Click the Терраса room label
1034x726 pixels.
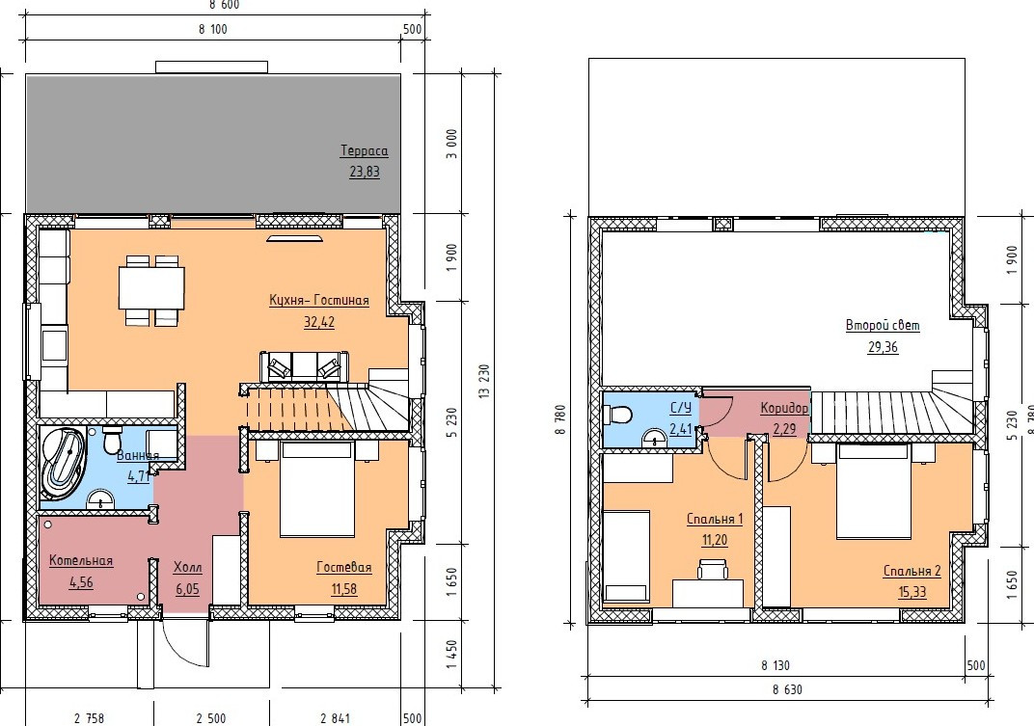[x=364, y=150]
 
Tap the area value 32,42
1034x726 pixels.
[x=319, y=322]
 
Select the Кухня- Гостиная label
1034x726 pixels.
[x=319, y=300]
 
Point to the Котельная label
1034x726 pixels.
[x=81, y=560]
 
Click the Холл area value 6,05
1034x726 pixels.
[x=188, y=589]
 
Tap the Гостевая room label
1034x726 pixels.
[x=344, y=567]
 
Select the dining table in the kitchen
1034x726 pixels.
[x=151, y=287]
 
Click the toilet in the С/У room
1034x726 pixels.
[x=617, y=415]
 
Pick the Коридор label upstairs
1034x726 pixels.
[x=784, y=408]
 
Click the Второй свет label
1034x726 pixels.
[x=883, y=325]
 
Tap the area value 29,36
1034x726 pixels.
[x=883, y=347]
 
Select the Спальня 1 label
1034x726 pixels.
[x=715, y=519]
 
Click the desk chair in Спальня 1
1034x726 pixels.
[x=714, y=569]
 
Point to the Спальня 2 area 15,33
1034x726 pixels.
[x=912, y=592]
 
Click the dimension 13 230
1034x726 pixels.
[x=484, y=381]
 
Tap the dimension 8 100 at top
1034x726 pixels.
[x=212, y=29]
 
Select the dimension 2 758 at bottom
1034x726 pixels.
[x=89, y=718]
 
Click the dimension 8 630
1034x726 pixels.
[x=787, y=689]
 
